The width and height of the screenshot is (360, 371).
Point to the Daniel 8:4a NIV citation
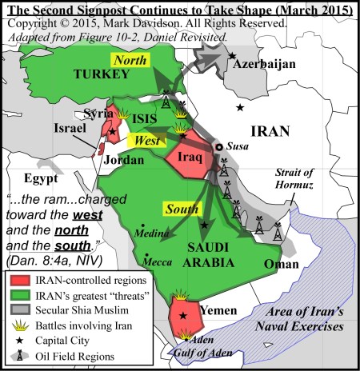(x=47, y=260)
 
